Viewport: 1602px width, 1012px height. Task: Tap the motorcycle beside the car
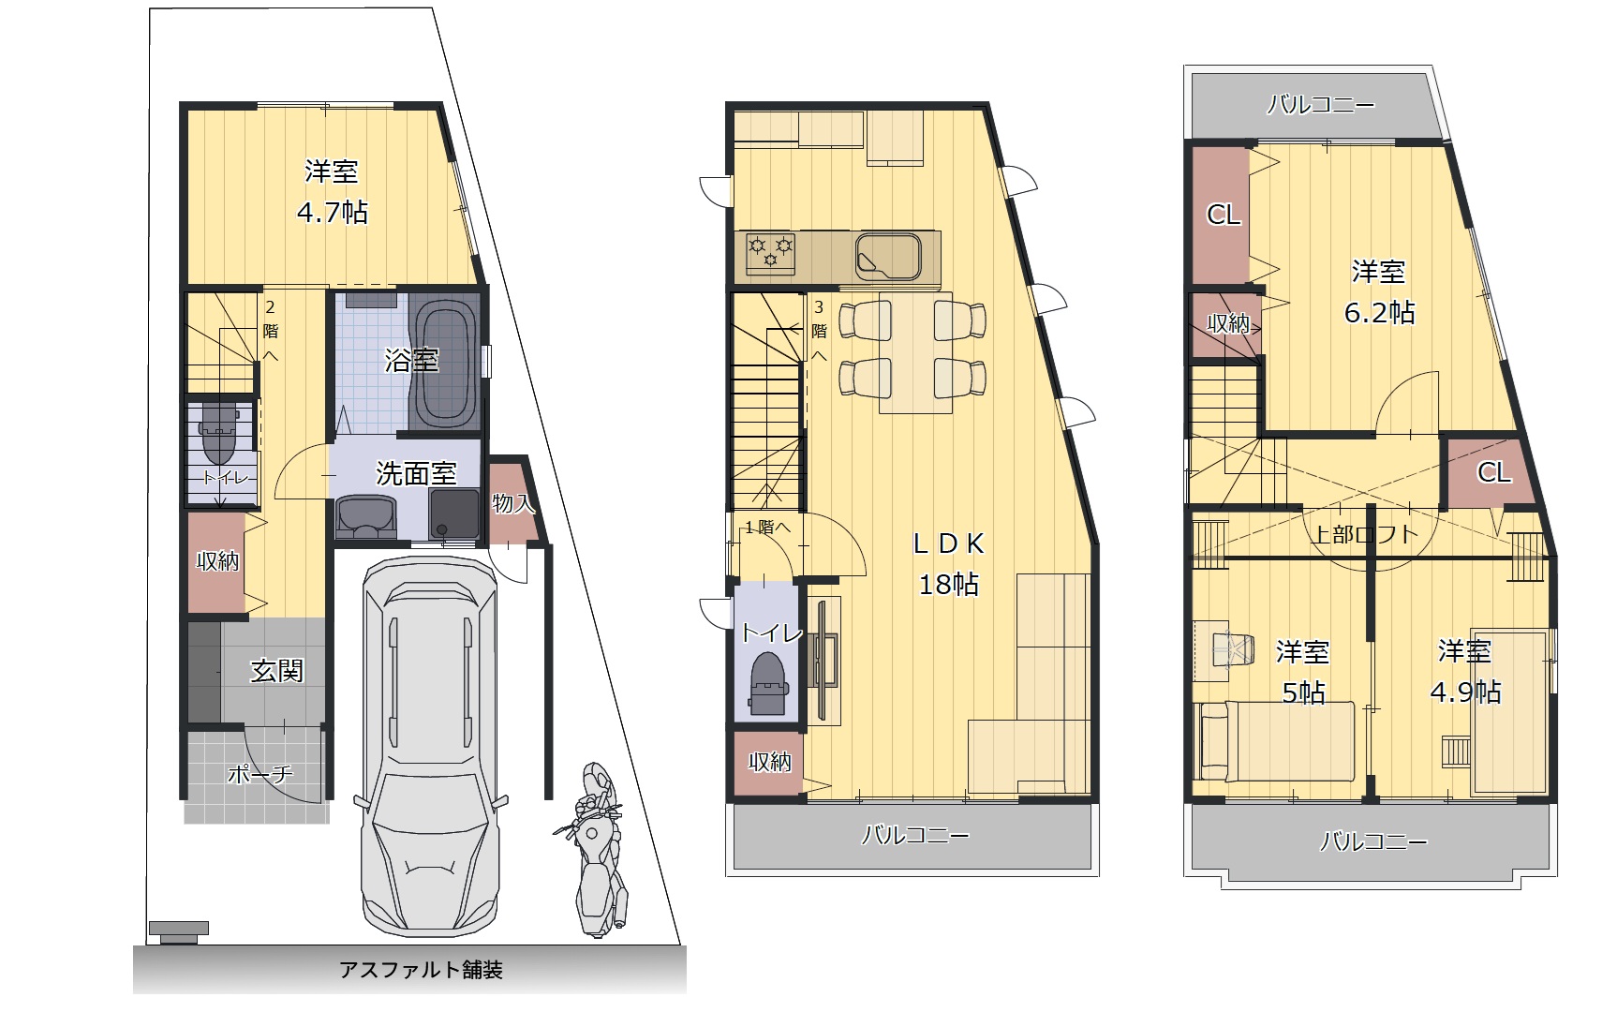coord(594,850)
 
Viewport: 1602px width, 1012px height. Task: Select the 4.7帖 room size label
coord(333,213)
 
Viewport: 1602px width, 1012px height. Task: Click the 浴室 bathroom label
coord(411,360)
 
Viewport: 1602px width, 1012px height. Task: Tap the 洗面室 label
coord(416,473)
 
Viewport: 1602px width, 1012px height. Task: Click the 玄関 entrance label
coord(276,671)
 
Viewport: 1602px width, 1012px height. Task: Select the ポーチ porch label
coord(260,773)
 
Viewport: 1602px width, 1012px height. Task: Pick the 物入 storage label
coord(513,503)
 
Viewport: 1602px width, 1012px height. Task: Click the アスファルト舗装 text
coord(421,970)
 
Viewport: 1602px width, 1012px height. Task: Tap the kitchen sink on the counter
coord(888,257)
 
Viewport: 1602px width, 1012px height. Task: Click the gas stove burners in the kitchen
coord(770,252)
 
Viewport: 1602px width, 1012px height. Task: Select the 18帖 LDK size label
coord(948,585)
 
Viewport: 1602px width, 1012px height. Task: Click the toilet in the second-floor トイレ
coord(768,684)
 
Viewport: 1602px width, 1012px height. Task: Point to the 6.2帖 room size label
coord(1380,313)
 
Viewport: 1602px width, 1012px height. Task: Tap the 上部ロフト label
coord(1366,534)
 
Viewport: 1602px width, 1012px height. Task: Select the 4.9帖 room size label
coord(1465,692)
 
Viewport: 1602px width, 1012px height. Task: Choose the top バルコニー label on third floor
coord(1321,106)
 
